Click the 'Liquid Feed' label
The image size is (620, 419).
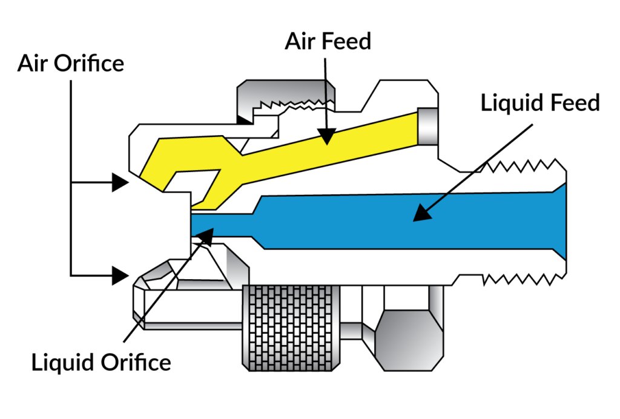540,103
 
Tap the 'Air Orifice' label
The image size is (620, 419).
71,62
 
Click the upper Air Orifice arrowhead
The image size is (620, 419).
120,182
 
